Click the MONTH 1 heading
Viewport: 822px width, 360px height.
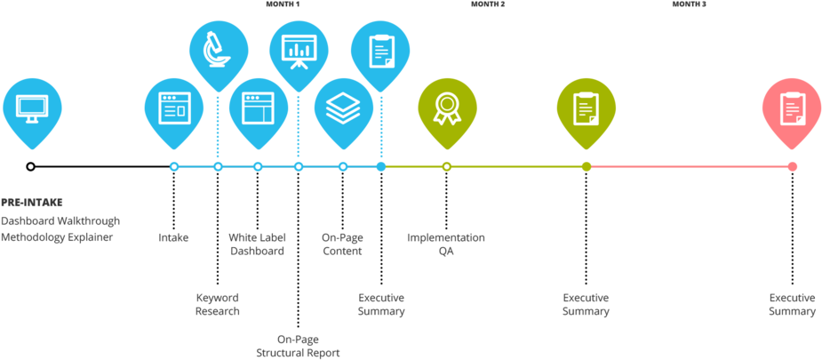[x=283, y=4]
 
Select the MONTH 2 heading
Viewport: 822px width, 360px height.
[x=488, y=4]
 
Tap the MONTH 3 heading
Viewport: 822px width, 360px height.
[x=689, y=4]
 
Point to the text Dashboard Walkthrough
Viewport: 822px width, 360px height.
[x=60, y=220]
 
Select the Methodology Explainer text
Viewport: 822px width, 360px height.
[x=57, y=237]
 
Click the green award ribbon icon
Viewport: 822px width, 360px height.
[x=446, y=110]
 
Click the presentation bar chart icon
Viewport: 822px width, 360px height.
[x=299, y=51]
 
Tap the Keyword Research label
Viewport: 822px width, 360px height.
[x=218, y=305]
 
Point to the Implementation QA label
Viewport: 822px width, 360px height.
[x=446, y=244]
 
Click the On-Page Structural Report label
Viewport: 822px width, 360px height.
[x=298, y=346]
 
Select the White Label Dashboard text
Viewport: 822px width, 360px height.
[x=258, y=244]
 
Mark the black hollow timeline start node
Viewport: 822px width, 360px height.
[x=30, y=166]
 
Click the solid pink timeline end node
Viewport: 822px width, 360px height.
[x=792, y=166]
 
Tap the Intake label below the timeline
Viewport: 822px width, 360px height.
[x=173, y=238]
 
